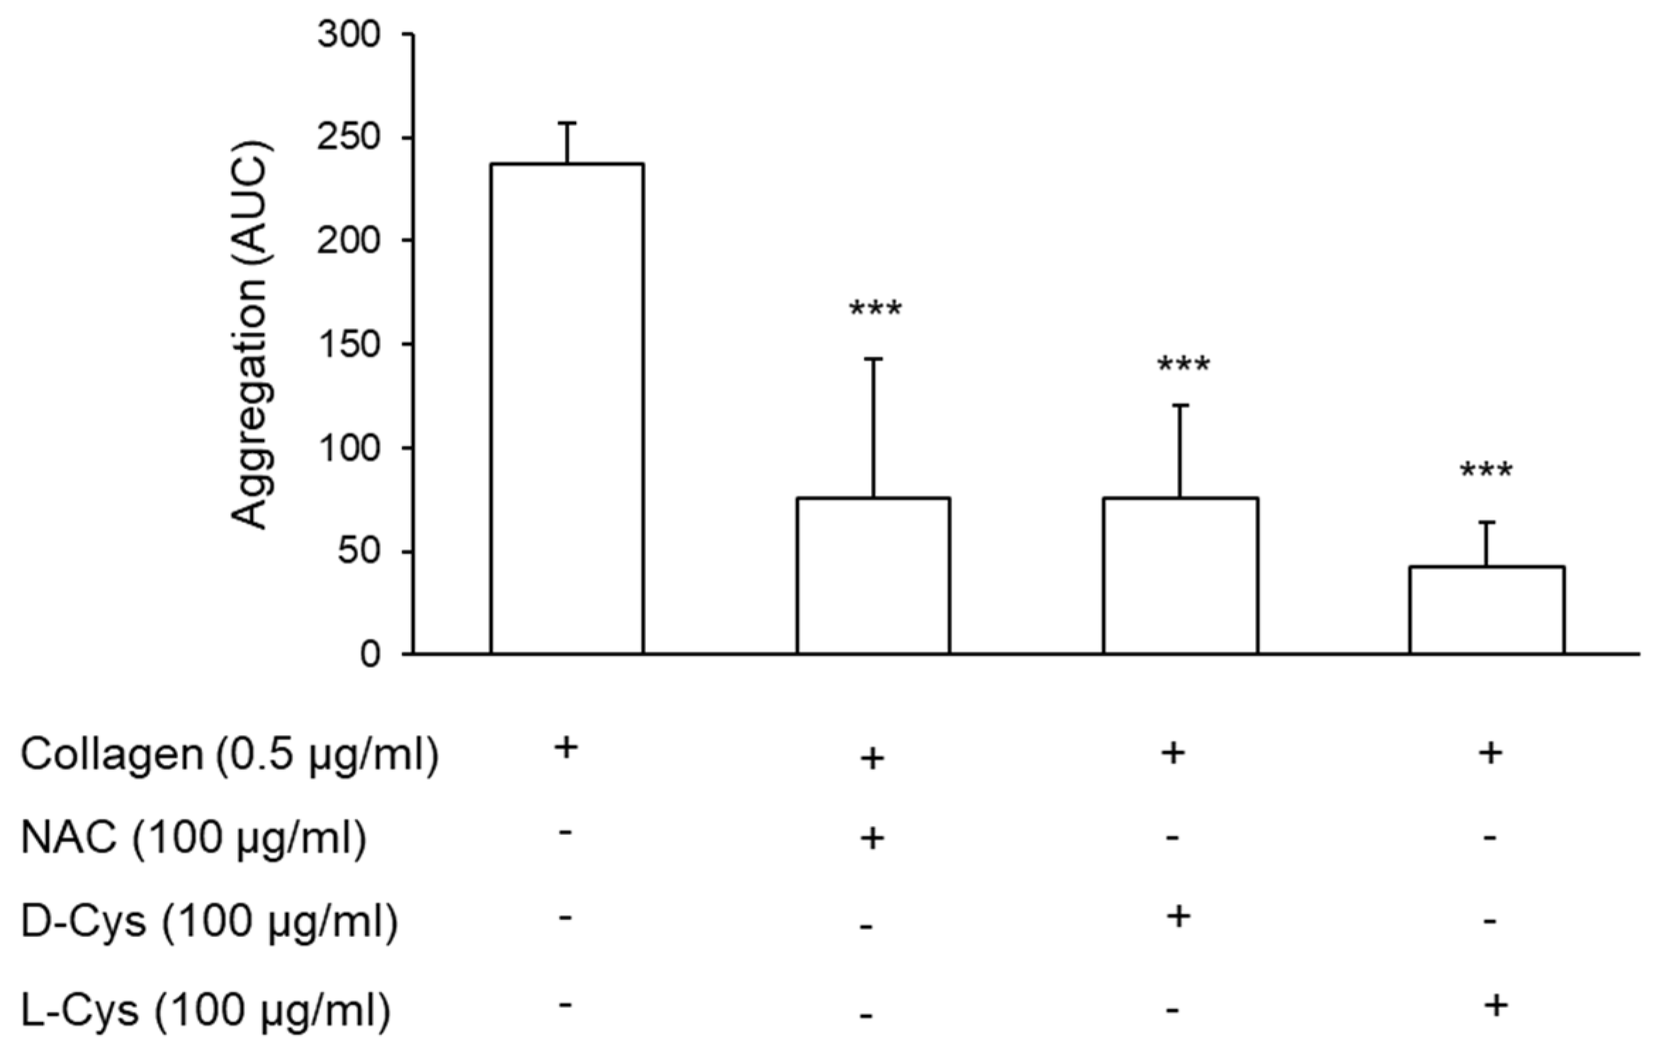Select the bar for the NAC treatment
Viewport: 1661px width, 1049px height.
click(x=873, y=575)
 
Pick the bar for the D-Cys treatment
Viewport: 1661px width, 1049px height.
click(x=1180, y=575)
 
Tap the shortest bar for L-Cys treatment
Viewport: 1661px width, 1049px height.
click(x=1487, y=610)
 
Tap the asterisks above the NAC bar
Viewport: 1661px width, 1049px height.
click(x=875, y=310)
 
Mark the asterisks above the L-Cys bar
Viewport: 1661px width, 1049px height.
click(x=1486, y=471)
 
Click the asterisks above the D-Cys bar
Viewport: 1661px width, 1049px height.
click(x=1183, y=366)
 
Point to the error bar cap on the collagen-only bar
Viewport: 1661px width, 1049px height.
click(x=567, y=123)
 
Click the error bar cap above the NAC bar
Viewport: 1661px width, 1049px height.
click(x=873, y=359)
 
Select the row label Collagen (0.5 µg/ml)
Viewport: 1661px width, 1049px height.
click(x=229, y=756)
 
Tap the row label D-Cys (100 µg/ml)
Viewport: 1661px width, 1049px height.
click(x=210, y=922)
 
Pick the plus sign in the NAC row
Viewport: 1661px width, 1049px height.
click(x=872, y=838)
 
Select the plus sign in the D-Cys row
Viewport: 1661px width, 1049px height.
click(x=1178, y=916)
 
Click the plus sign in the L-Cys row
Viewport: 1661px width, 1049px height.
click(x=1495, y=1005)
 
